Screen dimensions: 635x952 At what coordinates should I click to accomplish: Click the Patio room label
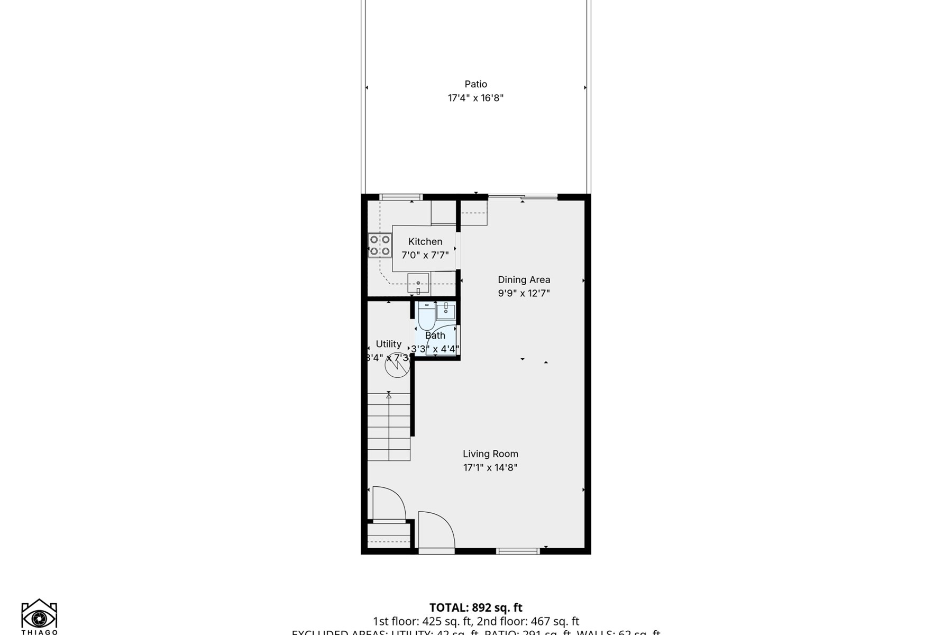tap(475, 84)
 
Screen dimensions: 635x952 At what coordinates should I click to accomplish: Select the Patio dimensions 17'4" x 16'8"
tap(475, 98)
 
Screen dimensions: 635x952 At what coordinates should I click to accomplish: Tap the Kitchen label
tap(425, 242)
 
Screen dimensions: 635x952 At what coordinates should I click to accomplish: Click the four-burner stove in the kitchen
tap(380, 246)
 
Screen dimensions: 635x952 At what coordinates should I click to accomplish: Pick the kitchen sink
tap(418, 284)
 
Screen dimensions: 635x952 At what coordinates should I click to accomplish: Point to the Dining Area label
tap(524, 280)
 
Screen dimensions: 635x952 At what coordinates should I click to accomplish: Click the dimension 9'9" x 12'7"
tap(524, 293)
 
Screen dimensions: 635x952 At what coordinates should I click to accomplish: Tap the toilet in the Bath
tap(426, 316)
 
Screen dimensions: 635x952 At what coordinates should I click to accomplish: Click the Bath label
tap(435, 335)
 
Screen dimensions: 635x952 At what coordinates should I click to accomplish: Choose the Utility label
tap(388, 344)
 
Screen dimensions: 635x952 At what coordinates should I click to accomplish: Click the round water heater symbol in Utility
tap(397, 365)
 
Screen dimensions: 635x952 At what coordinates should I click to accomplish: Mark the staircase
tap(389, 427)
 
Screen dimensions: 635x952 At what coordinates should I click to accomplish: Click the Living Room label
tap(490, 454)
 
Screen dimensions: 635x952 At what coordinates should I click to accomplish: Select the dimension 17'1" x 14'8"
tap(490, 468)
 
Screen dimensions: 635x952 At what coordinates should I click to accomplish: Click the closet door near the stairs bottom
tap(389, 504)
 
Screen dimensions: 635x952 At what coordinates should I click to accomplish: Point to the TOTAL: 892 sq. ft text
tap(475, 607)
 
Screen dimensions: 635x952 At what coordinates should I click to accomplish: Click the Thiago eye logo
tap(39, 616)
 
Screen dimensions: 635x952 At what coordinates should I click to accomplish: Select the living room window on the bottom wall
tap(518, 551)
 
